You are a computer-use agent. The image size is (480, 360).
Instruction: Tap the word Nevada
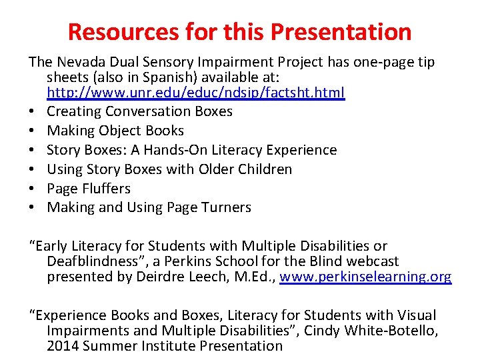[x=79, y=62]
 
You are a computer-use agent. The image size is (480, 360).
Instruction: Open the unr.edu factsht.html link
[x=196, y=93]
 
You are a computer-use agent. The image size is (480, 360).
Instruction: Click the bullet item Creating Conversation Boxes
[x=139, y=111]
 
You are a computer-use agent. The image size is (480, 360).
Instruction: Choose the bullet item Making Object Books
[x=115, y=131]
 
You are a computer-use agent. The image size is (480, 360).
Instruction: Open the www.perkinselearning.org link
[x=365, y=277]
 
